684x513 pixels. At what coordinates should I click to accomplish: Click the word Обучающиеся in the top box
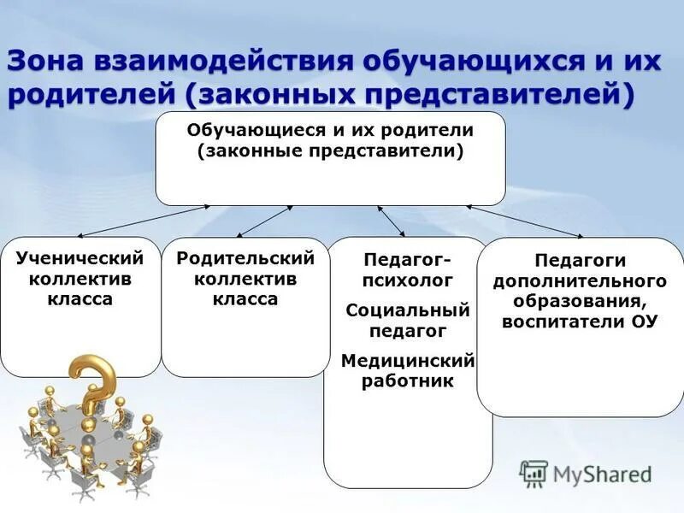coord(249,131)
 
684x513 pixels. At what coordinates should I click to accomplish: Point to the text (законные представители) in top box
coord(330,151)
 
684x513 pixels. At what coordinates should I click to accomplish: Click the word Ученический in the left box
coord(80,257)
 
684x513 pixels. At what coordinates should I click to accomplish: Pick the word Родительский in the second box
coord(245,257)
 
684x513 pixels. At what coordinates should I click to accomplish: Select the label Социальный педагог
coord(408,319)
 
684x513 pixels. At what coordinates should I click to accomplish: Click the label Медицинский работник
coord(408,370)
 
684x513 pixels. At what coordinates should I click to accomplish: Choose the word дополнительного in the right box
coord(580,280)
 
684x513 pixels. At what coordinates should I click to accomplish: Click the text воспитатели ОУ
coord(580,321)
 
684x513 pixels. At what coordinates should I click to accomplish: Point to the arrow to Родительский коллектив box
coord(265,221)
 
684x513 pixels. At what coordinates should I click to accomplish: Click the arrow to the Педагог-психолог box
coord(391,221)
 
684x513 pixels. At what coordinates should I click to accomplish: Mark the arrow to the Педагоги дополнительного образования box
coord(525,221)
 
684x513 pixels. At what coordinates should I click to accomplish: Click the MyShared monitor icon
coord(534,474)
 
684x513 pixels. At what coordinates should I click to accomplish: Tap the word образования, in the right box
coord(580,301)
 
